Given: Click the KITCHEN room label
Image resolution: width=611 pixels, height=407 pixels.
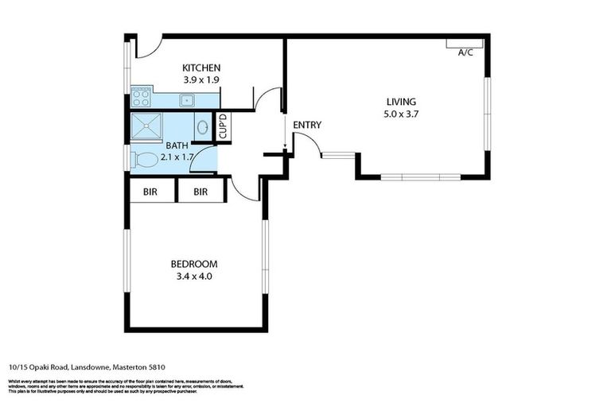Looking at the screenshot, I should click(x=201, y=68).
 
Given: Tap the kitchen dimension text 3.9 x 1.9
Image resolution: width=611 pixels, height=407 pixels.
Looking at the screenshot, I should click(x=201, y=80).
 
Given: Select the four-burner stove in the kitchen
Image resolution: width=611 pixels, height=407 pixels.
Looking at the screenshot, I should click(x=142, y=98).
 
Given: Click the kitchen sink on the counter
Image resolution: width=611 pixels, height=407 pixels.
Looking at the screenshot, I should click(x=188, y=100).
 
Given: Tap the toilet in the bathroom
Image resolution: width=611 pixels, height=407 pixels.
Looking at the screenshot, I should click(x=146, y=159).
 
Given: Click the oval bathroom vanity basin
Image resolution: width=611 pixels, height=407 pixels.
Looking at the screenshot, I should click(x=202, y=126).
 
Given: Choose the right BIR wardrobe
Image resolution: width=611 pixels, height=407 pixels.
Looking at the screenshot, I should click(x=200, y=192).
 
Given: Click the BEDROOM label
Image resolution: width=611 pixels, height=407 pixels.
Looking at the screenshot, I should click(x=194, y=264).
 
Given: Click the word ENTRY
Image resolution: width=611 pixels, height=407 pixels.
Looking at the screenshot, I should click(x=307, y=125).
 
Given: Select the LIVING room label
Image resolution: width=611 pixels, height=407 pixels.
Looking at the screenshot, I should click(x=401, y=101).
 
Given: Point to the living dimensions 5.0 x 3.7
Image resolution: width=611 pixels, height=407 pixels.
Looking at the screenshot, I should click(x=401, y=114).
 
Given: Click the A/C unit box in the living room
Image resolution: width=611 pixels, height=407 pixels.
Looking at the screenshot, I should click(x=465, y=43).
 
